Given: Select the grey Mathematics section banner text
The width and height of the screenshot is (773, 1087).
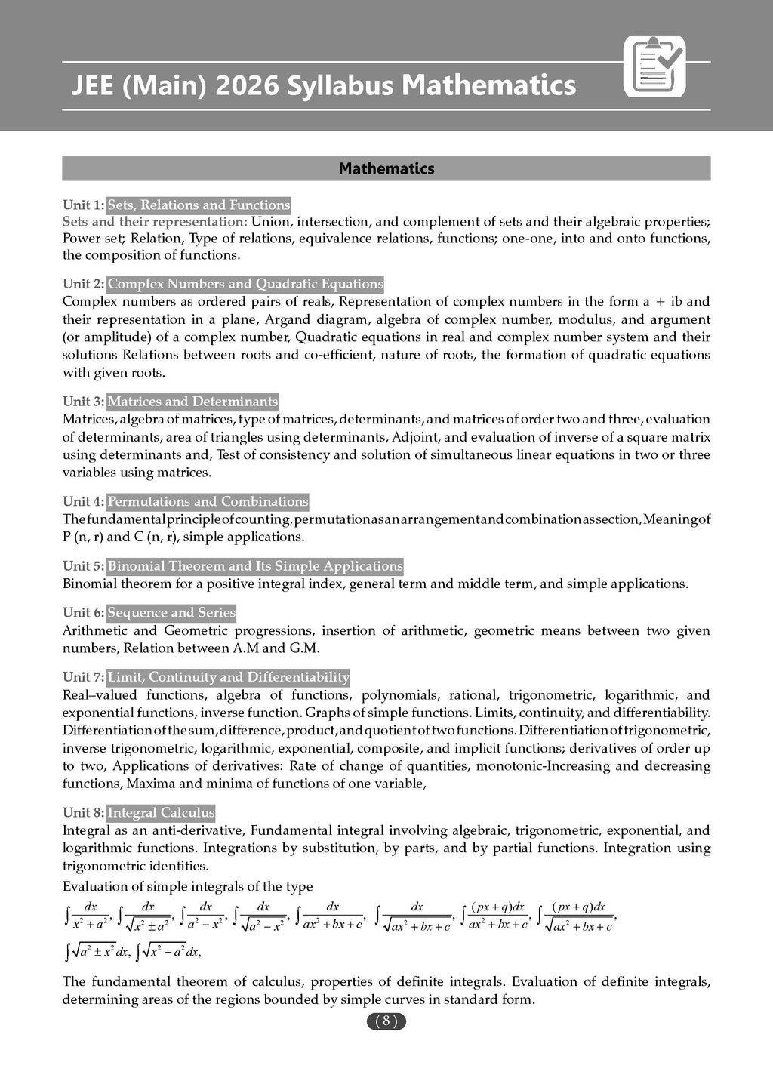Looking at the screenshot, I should point(386,168).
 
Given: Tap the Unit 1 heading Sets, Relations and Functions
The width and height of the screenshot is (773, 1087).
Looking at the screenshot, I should point(199,205).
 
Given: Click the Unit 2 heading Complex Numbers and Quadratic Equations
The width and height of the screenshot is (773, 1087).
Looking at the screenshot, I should point(245,284).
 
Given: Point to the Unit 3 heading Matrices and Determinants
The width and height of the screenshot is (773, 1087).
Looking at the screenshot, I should point(192,402).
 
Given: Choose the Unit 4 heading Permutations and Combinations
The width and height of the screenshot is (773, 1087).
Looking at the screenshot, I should point(208,501).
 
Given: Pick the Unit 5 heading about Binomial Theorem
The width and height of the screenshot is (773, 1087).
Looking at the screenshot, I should point(255,566).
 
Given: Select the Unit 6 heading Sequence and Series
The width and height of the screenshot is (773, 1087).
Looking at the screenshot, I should point(171,612).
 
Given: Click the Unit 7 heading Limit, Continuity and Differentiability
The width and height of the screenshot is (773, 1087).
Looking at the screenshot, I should point(229,677).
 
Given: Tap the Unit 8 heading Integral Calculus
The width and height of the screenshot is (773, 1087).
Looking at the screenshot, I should point(161,813).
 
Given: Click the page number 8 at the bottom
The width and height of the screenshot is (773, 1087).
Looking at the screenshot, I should point(386,1021).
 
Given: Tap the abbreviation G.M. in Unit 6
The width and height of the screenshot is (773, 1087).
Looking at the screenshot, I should point(305,648).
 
